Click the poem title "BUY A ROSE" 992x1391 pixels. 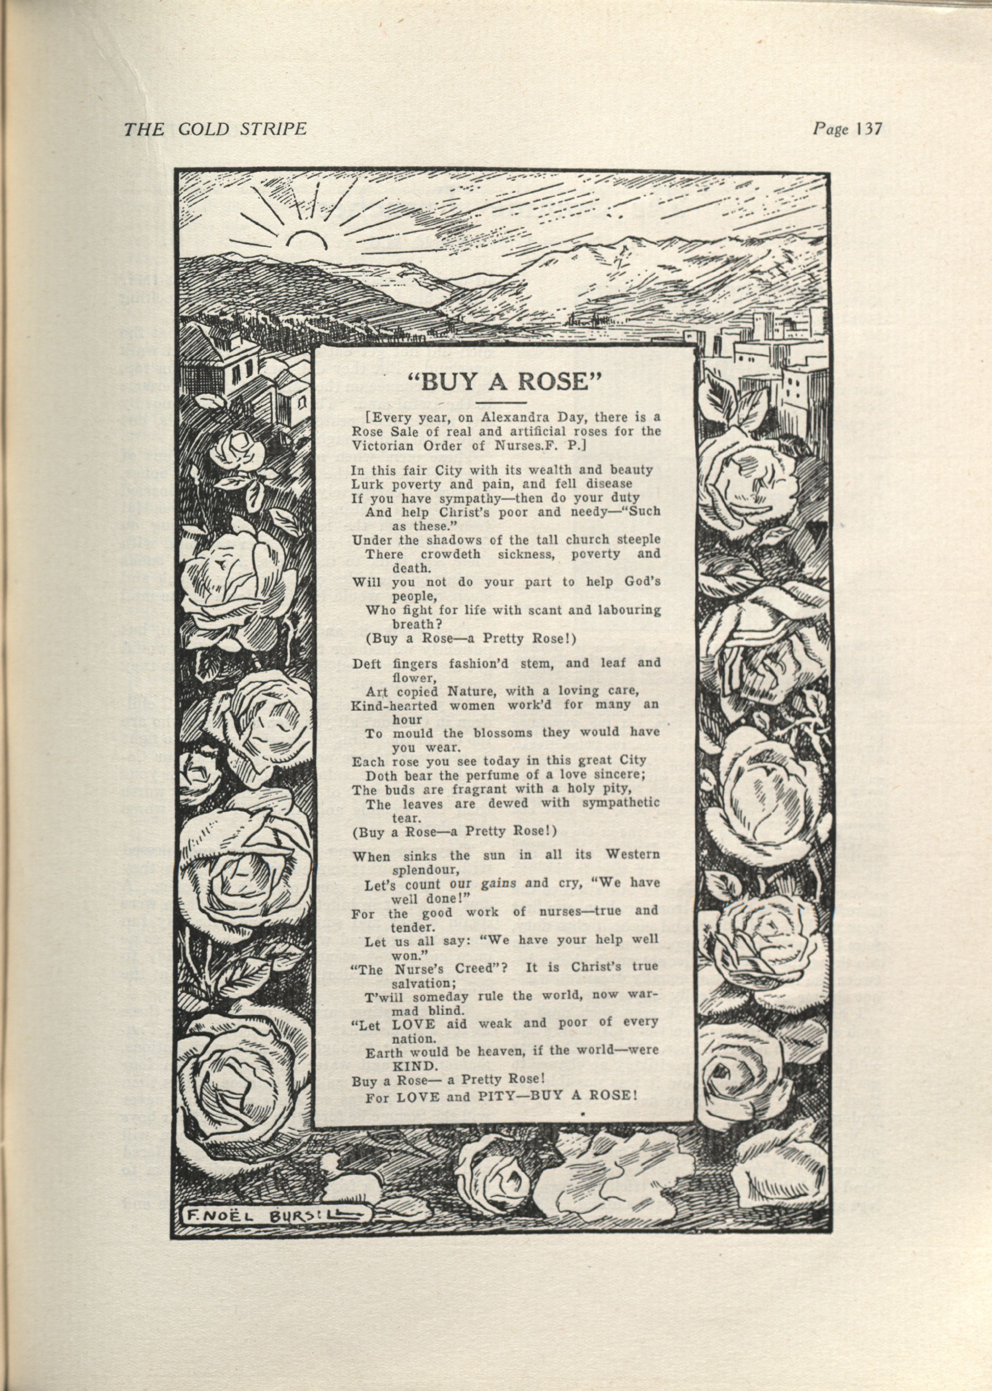point(504,381)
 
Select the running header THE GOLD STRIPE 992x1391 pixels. point(215,129)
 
